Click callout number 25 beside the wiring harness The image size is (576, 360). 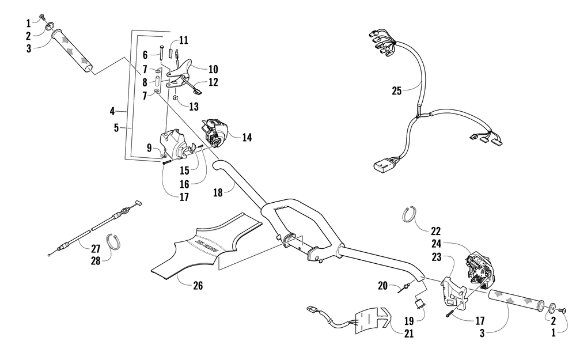(396, 90)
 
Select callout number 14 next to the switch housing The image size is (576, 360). (247, 137)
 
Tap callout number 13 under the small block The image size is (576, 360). (193, 107)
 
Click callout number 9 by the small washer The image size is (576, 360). (149, 148)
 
